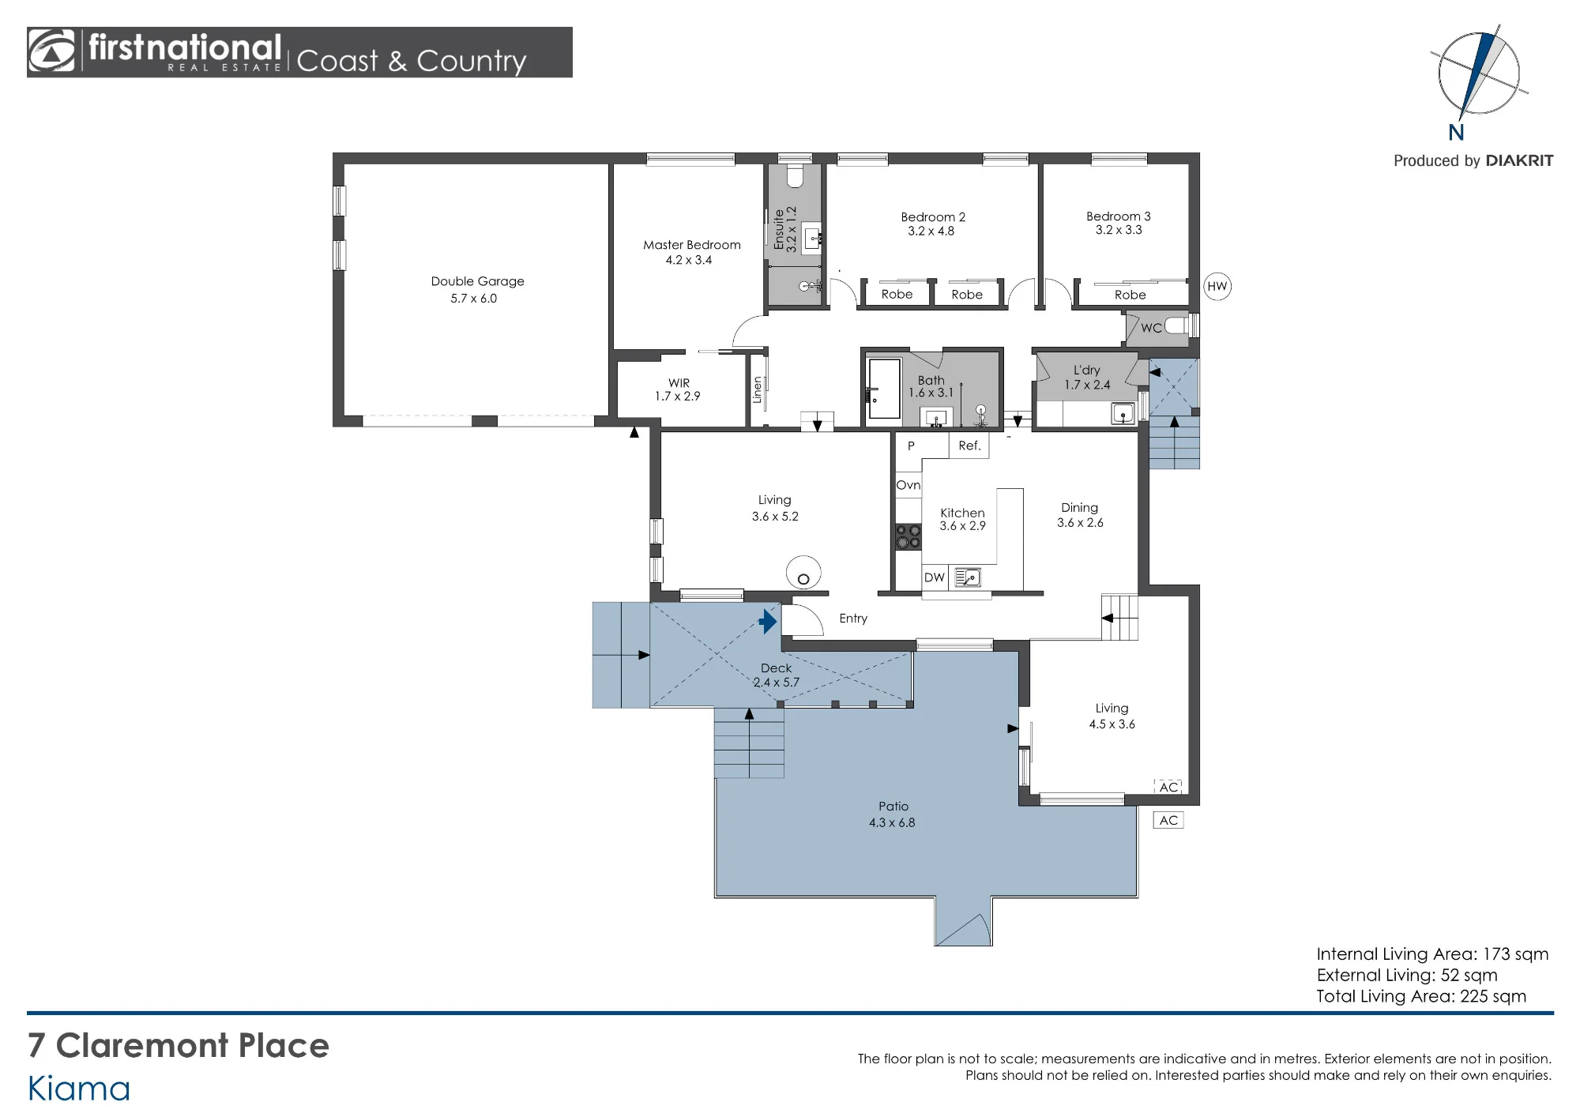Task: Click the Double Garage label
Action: click(477, 281)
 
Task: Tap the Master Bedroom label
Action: click(691, 245)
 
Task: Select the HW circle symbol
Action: click(1217, 286)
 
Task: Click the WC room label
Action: click(1151, 328)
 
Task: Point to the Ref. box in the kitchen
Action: click(969, 446)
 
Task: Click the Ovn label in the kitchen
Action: click(908, 485)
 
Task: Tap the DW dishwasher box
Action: click(935, 577)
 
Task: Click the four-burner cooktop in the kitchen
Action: click(908, 536)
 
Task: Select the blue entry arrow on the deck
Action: click(768, 621)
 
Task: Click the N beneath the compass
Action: click(1456, 133)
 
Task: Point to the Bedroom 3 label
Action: click(1118, 216)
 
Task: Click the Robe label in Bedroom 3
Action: click(1130, 295)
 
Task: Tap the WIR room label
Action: click(679, 383)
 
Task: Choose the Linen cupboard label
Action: click(757, 389)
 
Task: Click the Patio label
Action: click(893, 807)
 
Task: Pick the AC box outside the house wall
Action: click(1168, 820)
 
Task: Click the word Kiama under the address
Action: click(79, 1089)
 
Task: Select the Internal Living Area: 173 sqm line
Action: click(1432, 954)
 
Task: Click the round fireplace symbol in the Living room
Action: click(803, 572)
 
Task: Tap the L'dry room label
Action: click(1086, 370)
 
